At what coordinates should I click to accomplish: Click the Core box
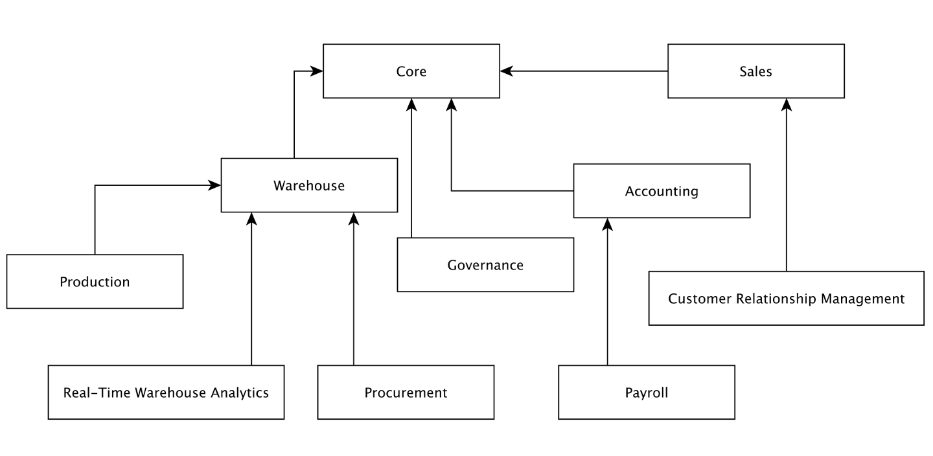coord(411,71)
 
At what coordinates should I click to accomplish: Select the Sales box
coord(756,71)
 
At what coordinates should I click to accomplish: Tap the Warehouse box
coord(309,185)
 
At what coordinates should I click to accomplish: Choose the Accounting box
coord(662,191)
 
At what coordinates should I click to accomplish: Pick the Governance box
coord(485,265)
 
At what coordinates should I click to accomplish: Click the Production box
coord(95,282)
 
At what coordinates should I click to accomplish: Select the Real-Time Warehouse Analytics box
coord(166,393)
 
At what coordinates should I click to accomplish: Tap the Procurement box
coord(406,393)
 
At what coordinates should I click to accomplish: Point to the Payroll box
coord(647,393)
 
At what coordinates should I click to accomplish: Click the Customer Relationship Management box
coord(786,299)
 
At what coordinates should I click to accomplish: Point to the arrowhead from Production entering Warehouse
coord(215,185)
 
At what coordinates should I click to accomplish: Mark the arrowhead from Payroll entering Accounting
coord(607,223)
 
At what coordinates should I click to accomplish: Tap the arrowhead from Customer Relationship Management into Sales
coord(787,104)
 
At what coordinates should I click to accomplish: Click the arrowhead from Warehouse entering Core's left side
coord(317,71)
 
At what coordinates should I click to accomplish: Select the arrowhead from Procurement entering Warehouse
coord(353,218)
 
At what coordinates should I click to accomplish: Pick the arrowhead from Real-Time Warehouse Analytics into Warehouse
coord(252,218)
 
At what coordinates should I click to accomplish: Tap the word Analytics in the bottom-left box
coord(240,393)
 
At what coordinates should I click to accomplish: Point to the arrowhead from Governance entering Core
coord(411,104)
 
